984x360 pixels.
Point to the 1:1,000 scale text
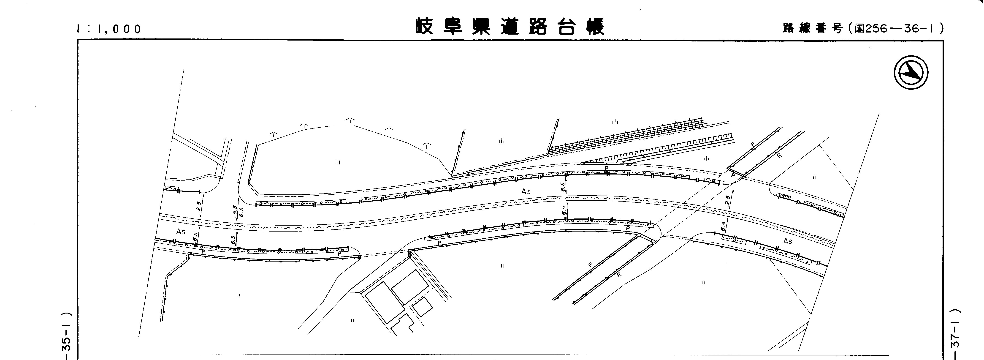tap(109, 29)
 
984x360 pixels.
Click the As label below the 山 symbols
tap(526, 191)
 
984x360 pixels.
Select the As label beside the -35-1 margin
tap(181, 232)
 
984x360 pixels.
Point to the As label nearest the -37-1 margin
tap(788, 241)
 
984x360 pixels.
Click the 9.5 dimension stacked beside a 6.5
tap(235, 209)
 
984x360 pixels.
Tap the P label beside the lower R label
tap(590, 265)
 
